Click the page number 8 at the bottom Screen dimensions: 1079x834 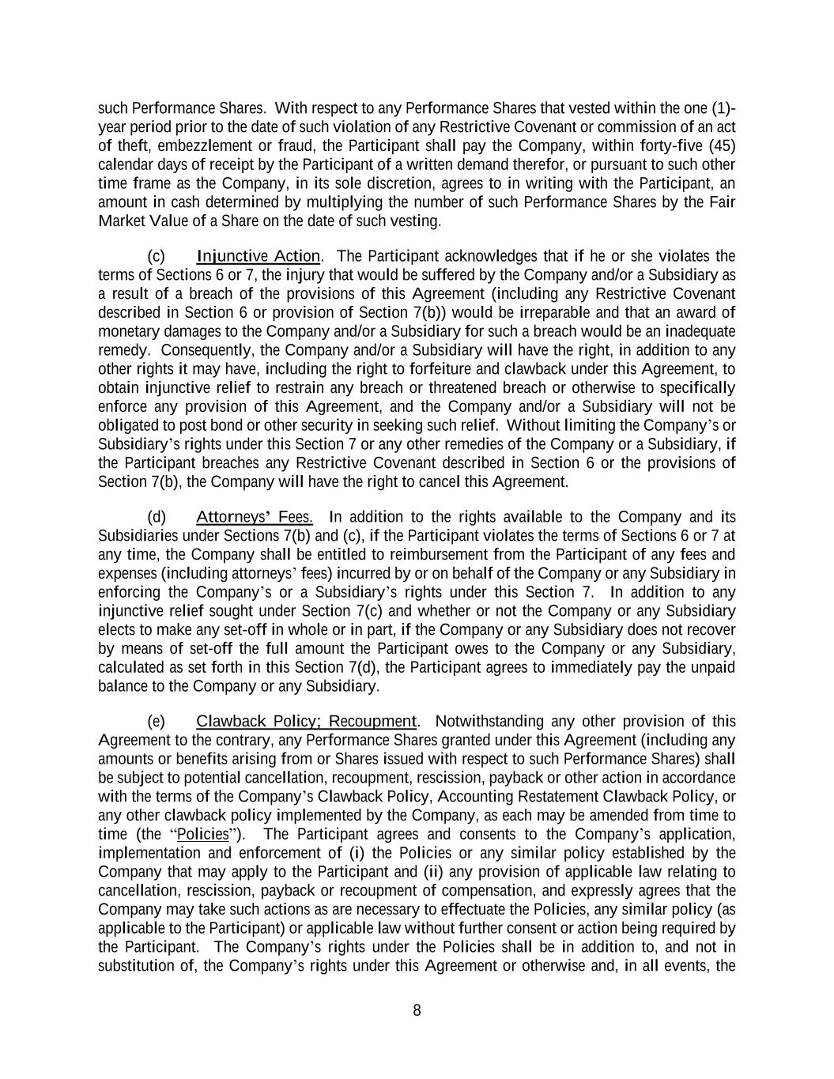pos(417,1010)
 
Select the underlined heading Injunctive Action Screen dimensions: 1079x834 pos(258,256)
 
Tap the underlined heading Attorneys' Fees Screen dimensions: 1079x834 pos(254,518)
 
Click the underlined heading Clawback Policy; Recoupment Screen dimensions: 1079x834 pos(306,721)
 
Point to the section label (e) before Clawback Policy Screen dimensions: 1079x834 pos(157,721)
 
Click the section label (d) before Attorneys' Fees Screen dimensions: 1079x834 pos(157,518)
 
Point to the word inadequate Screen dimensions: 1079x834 pos(699,331)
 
